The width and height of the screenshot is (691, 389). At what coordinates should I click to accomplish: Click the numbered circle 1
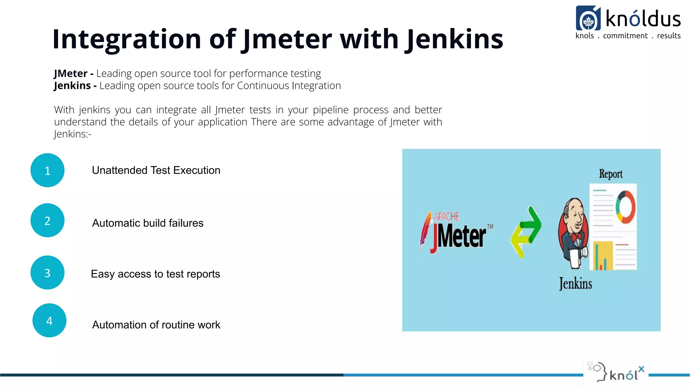click(x=47, y=170)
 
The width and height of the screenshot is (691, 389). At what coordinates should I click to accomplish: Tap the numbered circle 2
click(x=47, y=220)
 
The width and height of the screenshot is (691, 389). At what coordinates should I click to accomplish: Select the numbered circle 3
click(x=47, y=273)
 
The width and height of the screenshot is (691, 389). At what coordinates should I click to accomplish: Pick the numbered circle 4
click(x=49, y=320)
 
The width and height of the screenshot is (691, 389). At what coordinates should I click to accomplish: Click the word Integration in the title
click(x=127, y=39)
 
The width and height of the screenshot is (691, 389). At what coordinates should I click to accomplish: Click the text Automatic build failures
click(x=148, y=223)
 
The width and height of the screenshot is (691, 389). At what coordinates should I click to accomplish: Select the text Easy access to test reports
click(x=155, y=274)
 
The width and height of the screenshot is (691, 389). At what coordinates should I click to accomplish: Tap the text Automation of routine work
click(x=156, y=325)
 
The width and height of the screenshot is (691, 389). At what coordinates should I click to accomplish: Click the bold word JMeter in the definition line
click(x=71, y=73)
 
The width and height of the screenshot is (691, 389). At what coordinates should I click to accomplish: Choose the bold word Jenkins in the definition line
click(x=72, y=86)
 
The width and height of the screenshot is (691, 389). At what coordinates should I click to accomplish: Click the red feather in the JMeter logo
click(x=424, y=231)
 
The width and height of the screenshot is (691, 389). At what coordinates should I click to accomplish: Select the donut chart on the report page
click(x=625, y=207)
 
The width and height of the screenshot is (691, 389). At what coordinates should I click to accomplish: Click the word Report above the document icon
click(x=610, y=174)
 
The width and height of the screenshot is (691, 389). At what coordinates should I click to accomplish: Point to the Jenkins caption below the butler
click(x=575, y=284)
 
